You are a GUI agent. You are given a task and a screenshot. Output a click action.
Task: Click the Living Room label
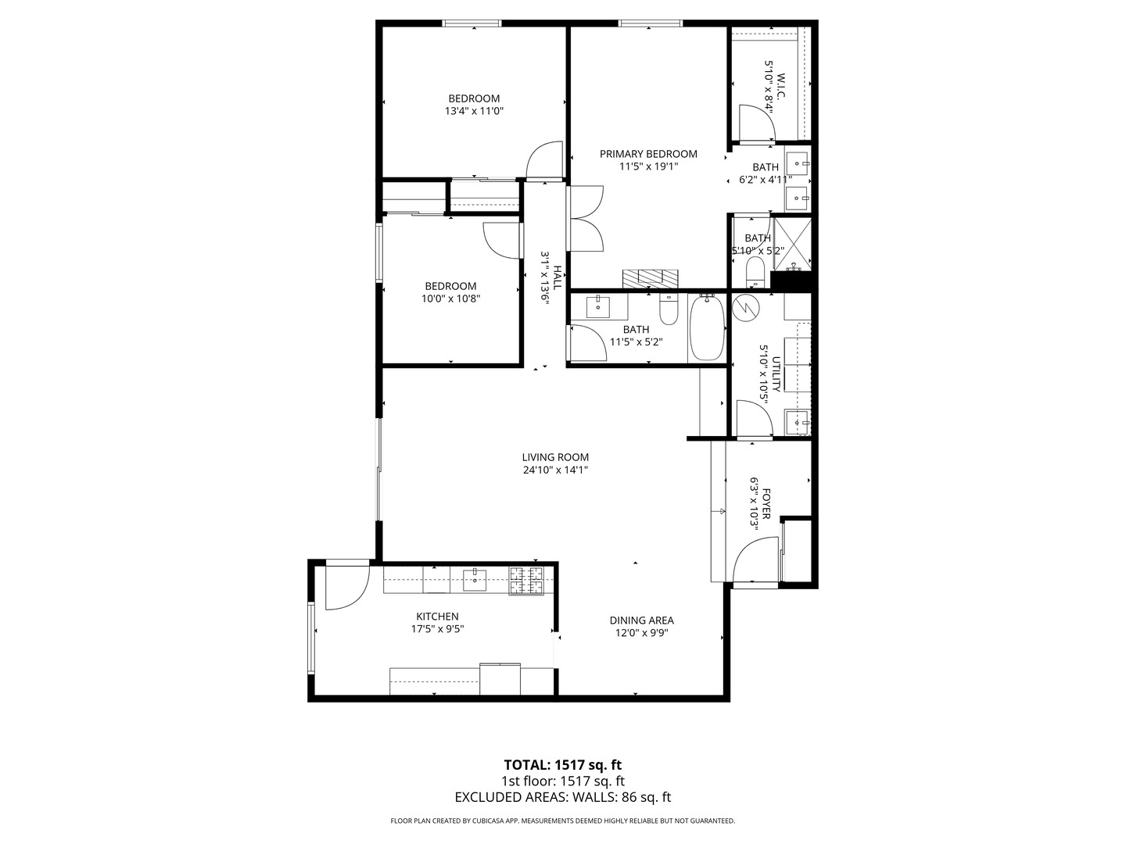point(555,457)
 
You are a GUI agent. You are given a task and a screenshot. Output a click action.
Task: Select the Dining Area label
point(641,620)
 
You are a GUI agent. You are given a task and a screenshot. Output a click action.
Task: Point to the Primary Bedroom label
point(648,154)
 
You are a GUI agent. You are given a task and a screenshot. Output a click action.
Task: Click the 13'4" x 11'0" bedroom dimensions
point(473,111)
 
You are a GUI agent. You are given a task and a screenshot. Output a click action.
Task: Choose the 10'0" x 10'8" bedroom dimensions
point(450,298)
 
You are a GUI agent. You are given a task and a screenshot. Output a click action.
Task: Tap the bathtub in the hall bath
point(707,327)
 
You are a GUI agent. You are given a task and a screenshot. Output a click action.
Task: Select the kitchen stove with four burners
point(526,580)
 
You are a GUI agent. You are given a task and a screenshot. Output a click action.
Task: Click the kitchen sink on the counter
point(475,579)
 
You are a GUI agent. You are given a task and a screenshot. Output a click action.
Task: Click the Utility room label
point(776,374)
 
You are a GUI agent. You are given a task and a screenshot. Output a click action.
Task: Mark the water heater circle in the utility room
point(746,307)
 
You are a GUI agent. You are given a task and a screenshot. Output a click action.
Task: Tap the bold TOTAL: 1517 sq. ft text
point(562,764)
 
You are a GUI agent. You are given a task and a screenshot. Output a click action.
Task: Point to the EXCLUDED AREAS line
point(562,797)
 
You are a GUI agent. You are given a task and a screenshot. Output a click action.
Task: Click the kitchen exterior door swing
point(344,586)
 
